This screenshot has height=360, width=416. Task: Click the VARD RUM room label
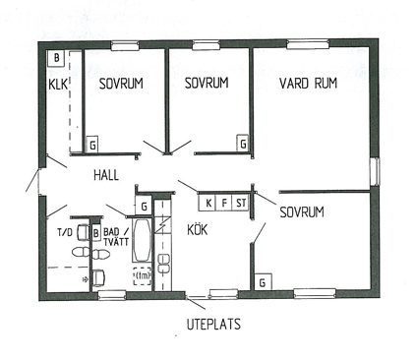click(x=308, y=84)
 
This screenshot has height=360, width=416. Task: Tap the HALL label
click(x=106, y=175)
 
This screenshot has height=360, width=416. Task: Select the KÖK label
click(x=198, y=229)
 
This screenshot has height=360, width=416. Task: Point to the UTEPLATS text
click(x=213, y=324)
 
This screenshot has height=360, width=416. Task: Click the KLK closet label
click(x=58, y=84)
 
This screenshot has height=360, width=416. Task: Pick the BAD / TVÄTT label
click(x=116, y=237)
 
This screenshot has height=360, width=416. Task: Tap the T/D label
click(x=65, y=232)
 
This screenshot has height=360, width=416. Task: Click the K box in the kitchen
click(x=208, y=203)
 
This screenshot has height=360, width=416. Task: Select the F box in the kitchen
click(x=224, y=203)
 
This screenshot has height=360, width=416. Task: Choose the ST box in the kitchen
click(x=241, y=203)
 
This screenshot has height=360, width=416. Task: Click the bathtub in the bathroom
click(x=142, y=240)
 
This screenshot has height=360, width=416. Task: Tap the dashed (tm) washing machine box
click(x=143, y=276)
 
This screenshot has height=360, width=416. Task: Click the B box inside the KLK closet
click(x=57, y=58)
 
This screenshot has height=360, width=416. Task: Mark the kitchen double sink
click(x=163, y=264)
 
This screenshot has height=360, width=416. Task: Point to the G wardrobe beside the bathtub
click(x=144, y=207)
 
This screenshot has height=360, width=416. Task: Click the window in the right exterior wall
click(x=375, y=171)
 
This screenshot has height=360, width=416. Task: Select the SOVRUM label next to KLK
click(x=121, y=84)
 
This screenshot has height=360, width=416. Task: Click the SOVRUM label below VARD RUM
click(x=302, y=212)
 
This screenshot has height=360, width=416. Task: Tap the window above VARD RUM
click(x=308, y=44)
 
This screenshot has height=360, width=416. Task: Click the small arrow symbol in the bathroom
click(x=86, y=279)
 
